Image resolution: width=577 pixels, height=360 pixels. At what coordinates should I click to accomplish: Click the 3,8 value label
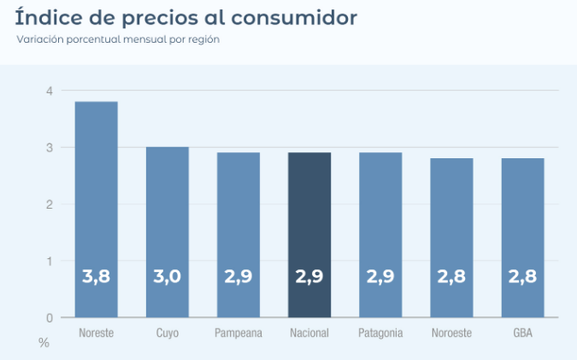pos(96,277)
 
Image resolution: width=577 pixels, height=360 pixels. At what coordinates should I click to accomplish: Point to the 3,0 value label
pos(167,277)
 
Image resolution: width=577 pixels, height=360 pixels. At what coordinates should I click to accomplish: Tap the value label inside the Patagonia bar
pos(380,277)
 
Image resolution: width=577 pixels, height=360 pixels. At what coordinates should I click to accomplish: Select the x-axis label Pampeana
pos(238,333)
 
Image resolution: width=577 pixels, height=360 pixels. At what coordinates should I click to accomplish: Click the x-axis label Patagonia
pos(380,333)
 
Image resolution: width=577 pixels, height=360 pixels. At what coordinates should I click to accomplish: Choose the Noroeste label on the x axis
pos(451,333)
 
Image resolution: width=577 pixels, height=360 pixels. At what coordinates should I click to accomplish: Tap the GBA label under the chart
pos(522,333)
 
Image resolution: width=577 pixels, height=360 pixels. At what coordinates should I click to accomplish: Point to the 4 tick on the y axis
pos(50,91)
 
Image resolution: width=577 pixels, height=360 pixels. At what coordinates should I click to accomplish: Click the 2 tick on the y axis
pos(50,204)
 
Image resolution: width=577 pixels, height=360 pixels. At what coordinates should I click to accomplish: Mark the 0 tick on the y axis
pos(50,318)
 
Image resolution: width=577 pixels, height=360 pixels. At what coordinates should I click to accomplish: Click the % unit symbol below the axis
pos(44,342)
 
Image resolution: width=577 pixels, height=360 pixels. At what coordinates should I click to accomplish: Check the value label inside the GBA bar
pos(522,277)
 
